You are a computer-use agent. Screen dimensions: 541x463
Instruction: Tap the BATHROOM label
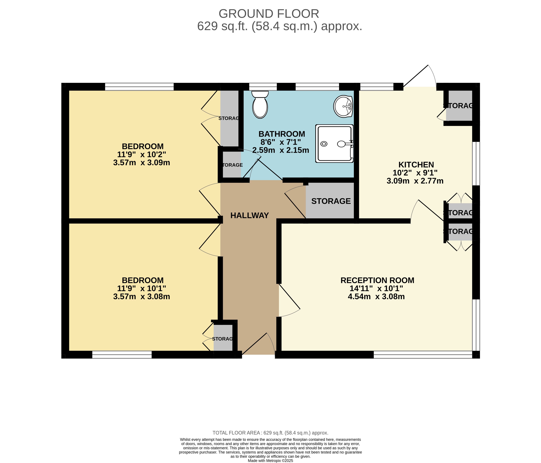[282, 134]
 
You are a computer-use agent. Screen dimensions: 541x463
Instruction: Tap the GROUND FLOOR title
[269, 14]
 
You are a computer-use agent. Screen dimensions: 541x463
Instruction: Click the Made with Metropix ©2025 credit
[271, 461]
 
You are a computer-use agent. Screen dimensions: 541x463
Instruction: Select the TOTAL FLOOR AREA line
[271, 433]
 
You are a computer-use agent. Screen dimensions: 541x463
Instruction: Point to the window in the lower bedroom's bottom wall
[122, 355]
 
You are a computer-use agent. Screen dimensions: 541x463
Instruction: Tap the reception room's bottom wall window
[423, 355]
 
